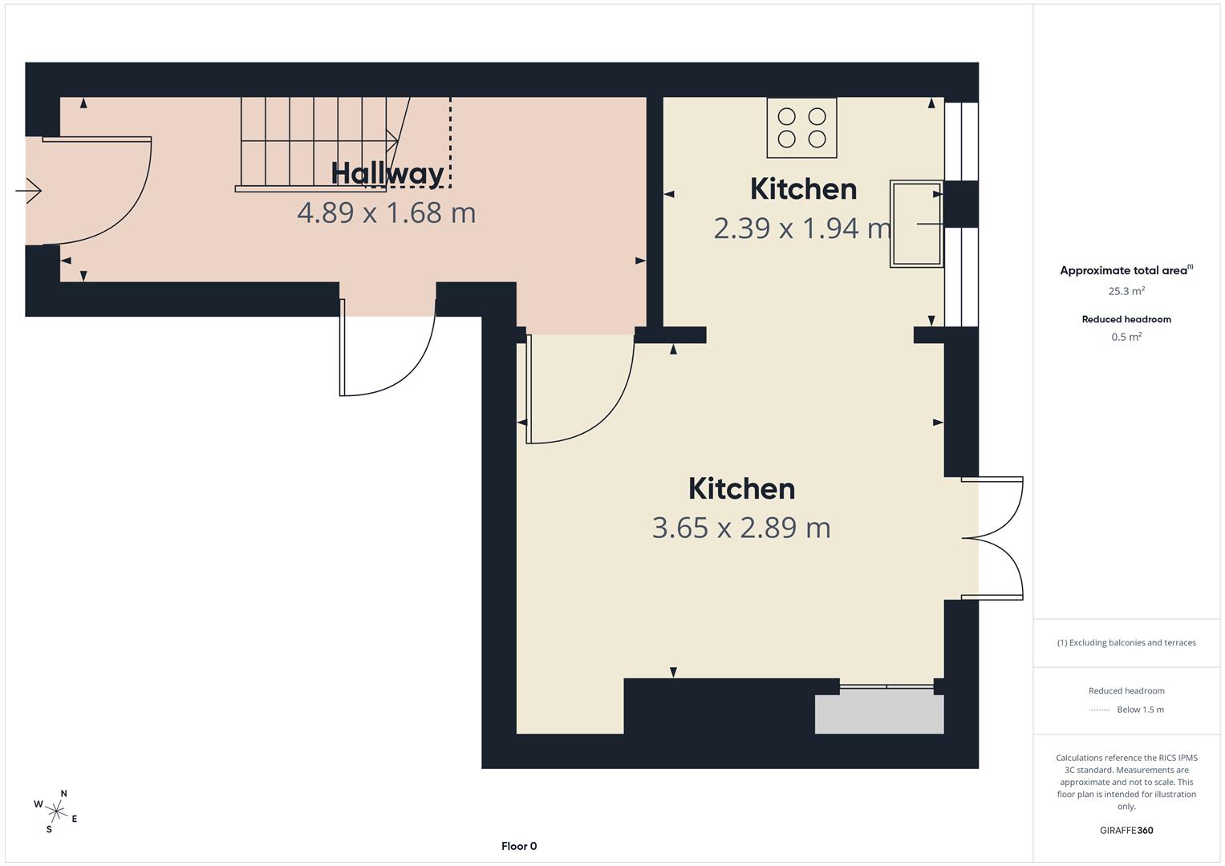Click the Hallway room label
[387, 174]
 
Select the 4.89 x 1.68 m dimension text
[386, 212]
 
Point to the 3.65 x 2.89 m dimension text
[741, 528]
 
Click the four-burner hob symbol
[801, 128]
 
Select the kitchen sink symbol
[917, 224]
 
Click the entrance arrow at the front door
[28, 191]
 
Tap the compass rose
[56, 811]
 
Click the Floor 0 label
[519, 846]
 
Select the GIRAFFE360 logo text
[1126, 830]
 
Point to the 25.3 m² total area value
[1126, 291]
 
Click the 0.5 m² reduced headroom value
[1126, 337]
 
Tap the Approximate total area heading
[1126, 270]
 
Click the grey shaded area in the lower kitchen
[879, 714]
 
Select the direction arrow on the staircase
[392, 141]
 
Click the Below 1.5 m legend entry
[1140, 710]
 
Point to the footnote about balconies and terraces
[1126, 642]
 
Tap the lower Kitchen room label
[741, 488]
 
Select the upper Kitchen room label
[803, 189]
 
